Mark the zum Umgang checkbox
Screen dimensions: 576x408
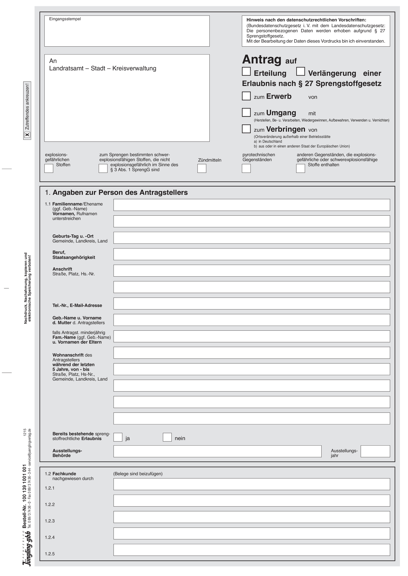pyautogui.click(x=246, y=112)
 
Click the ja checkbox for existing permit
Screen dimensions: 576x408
pyautogui.click(x=118, y=437)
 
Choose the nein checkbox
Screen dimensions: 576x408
pyautogui.click(x=167, y=437)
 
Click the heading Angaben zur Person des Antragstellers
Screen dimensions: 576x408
pyautogui.click(x=120, y=193)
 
